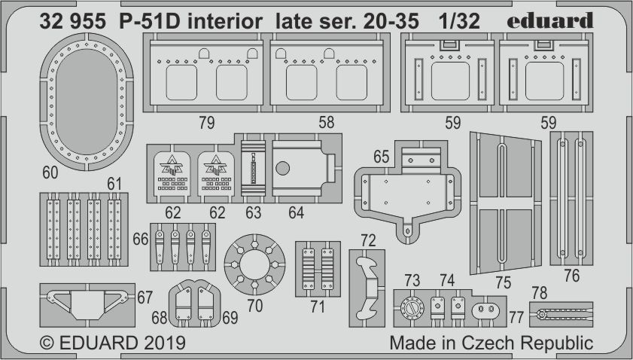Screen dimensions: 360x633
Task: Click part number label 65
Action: click(381, 157)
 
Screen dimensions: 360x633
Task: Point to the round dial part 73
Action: click(412, 310)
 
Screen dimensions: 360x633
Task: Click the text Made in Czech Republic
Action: click(491, 343)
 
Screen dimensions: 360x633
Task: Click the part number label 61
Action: click(114, 183)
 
